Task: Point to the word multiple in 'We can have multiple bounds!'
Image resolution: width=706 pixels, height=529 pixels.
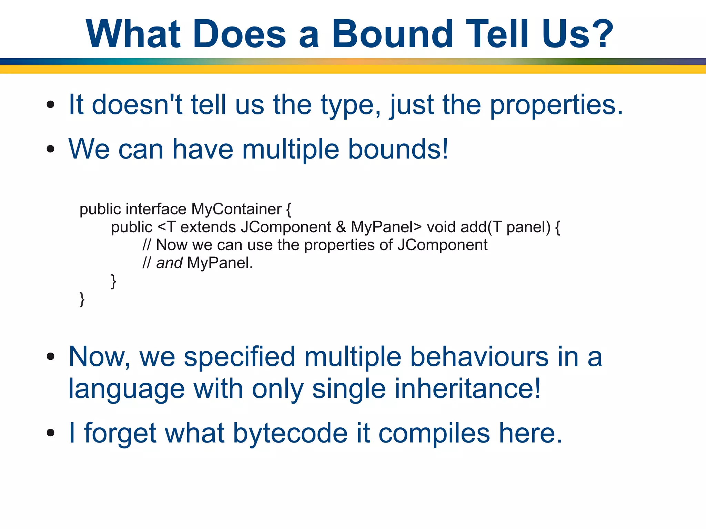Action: [290, 149]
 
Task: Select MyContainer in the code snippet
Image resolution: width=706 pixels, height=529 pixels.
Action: [236, 209]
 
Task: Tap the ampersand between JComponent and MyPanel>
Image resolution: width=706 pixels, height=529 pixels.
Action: [341, 227]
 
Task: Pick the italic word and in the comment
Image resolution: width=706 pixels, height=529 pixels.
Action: [169, 263]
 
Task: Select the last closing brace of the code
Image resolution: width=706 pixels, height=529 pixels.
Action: [82, 299]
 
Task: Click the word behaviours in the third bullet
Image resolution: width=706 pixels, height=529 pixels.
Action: [479, 357]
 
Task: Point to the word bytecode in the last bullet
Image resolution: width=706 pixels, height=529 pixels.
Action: [290, 433]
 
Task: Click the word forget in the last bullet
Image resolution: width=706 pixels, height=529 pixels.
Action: [120, 433]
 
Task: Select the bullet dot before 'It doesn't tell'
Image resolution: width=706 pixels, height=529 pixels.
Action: [51, 105]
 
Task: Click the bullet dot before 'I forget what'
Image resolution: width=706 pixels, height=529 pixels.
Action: [51, 433]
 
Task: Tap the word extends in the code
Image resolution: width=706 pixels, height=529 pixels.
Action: [208, 227]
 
